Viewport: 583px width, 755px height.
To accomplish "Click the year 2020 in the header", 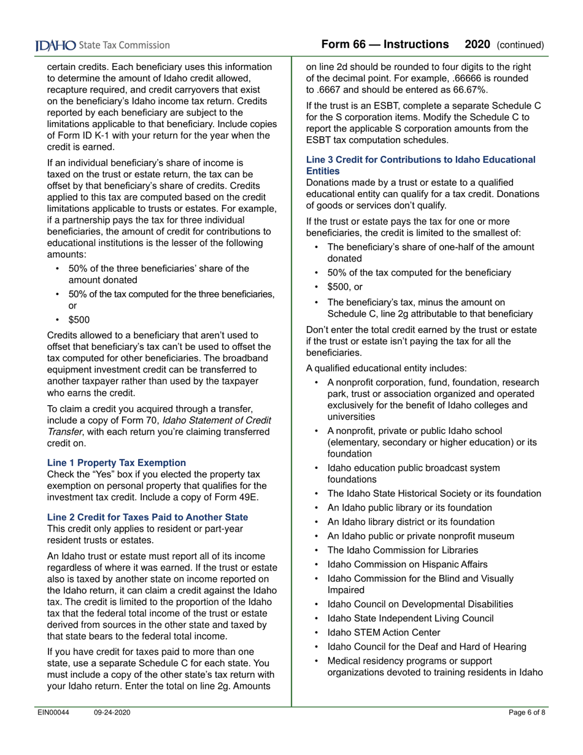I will click(x=477, y=44).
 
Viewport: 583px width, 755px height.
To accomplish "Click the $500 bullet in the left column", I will click(x=79, y=319).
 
